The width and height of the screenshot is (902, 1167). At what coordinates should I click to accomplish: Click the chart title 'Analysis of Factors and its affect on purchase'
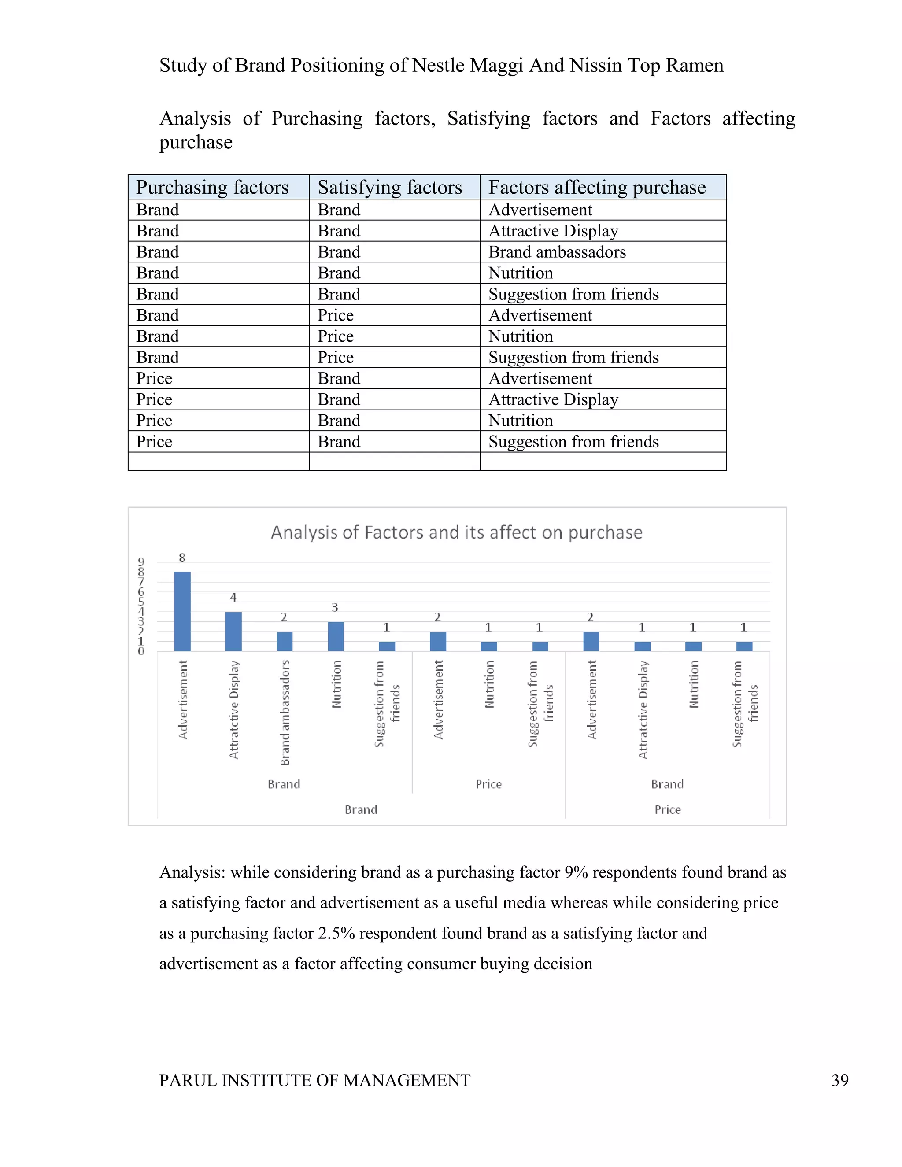point(456,532)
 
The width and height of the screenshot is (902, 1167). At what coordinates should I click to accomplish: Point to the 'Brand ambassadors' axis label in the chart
point(285,712)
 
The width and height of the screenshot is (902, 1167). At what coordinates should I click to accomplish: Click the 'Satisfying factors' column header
point(389,187)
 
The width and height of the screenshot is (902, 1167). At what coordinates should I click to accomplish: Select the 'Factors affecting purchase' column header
point(597,187)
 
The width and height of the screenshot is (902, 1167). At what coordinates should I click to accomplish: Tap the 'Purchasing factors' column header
point(212,187)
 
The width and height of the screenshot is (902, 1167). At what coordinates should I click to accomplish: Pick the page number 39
point(840,1080)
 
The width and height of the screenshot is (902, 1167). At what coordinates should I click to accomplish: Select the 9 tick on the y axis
point(141,561)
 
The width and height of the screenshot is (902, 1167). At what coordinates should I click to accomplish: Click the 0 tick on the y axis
point(141,651)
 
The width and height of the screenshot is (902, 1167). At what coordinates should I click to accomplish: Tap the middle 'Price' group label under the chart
point(488,784)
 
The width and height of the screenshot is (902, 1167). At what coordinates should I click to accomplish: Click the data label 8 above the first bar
point(182,558)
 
